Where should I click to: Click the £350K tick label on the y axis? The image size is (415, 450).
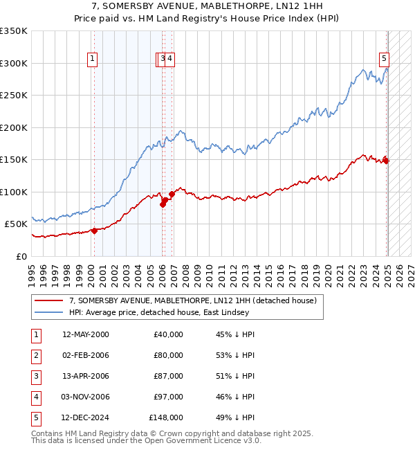point(14,31)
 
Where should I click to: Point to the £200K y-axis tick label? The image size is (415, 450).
point(14,127)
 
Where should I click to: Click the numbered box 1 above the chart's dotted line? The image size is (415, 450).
point(92,59)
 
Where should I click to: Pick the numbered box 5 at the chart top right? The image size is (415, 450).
point(384,59)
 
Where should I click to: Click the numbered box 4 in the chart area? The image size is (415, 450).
point(170,59)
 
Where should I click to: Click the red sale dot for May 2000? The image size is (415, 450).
point(95,231)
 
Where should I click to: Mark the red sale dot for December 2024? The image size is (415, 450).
point(387,161)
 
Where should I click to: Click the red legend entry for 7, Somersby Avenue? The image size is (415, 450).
point(192,300)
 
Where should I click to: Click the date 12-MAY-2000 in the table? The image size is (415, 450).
point(86,334)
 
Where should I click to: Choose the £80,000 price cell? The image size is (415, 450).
point(169,355)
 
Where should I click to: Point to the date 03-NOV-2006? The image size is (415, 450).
point(86,397)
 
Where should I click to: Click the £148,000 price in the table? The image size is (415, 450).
point(167,417)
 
